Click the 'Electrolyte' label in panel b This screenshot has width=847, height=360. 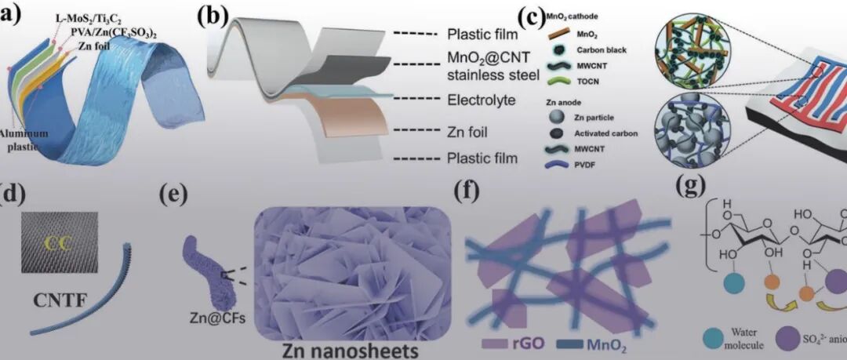480,100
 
